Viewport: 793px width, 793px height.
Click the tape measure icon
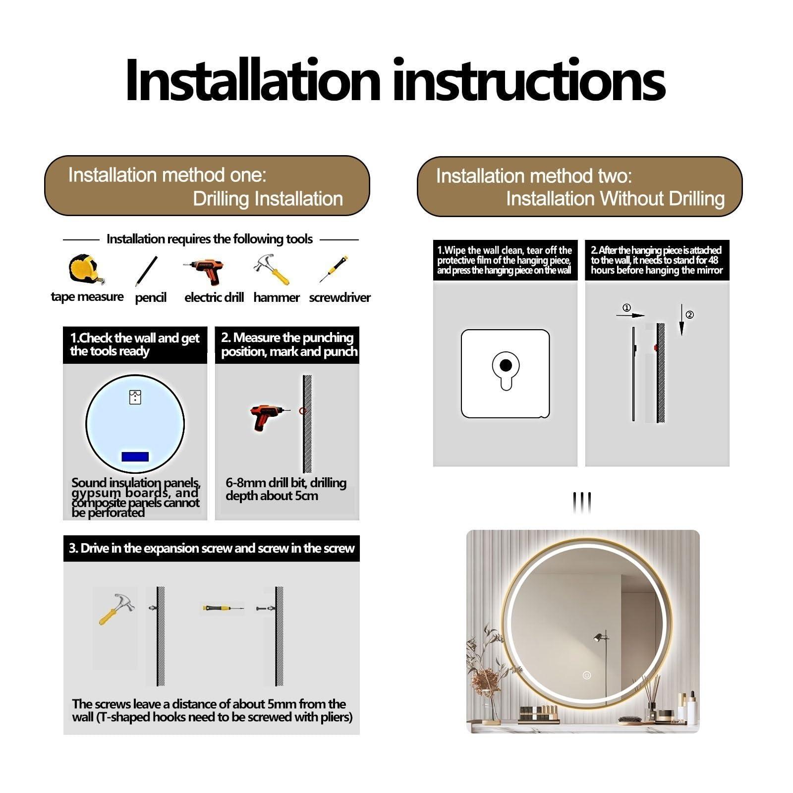click(85, 270)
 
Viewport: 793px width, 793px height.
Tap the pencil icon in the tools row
click(146, 271)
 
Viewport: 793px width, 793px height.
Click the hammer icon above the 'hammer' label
click(272, 270)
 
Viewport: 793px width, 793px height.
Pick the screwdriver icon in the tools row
click(334, 270)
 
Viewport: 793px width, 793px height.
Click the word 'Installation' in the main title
click(252, 80)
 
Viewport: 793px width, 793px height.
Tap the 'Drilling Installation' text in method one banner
click(268, 199)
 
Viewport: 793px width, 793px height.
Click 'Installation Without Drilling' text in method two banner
click(615, 199)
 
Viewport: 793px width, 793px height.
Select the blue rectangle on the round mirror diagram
click(135, 456)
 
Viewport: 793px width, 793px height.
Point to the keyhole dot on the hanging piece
click(506, 366)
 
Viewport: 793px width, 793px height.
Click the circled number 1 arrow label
click(626, 308)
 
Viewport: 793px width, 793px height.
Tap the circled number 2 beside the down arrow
click(689, 315)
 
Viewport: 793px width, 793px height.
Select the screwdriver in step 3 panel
click(222, 608)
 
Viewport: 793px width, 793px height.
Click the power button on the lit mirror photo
click(587, 675)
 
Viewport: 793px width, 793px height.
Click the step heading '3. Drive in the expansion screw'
click(212, 548)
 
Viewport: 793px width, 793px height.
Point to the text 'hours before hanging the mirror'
click(656, 271)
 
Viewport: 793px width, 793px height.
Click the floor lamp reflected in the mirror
click(601, 644)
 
